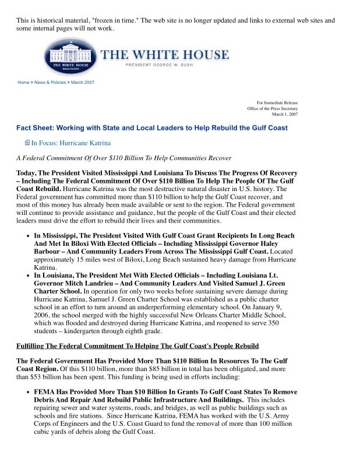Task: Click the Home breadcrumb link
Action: click(23, 82)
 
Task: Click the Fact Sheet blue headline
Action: click(151, 128)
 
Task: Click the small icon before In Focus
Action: click(27, 143)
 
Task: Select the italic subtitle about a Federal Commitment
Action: click(123, 158)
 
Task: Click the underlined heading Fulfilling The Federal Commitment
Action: click(137, 346)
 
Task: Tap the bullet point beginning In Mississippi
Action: click(29, 235)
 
